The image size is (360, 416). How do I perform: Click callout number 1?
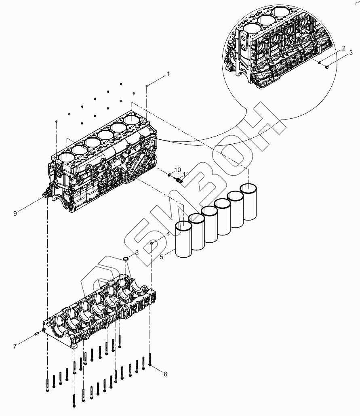(168, 74)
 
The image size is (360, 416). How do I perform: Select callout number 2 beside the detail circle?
(343, 48)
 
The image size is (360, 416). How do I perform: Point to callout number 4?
(167, 234)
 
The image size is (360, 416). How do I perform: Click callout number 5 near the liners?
(161, 256)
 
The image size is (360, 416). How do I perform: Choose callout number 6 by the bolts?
(165, 374)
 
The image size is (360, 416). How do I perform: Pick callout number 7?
(15, 346)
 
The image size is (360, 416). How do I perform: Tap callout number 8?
(137, 252)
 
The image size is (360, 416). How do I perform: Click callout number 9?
(15, 213)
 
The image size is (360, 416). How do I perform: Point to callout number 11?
(186, 174)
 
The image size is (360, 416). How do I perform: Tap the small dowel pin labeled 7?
(37, 333)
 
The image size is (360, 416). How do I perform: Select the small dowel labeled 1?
(147, 86)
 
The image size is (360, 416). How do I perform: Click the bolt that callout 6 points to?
(150, 359)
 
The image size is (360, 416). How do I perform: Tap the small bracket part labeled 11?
(178, 180)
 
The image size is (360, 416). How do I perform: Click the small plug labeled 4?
(152, 243)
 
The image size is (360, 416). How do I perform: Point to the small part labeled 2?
(319, 63)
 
